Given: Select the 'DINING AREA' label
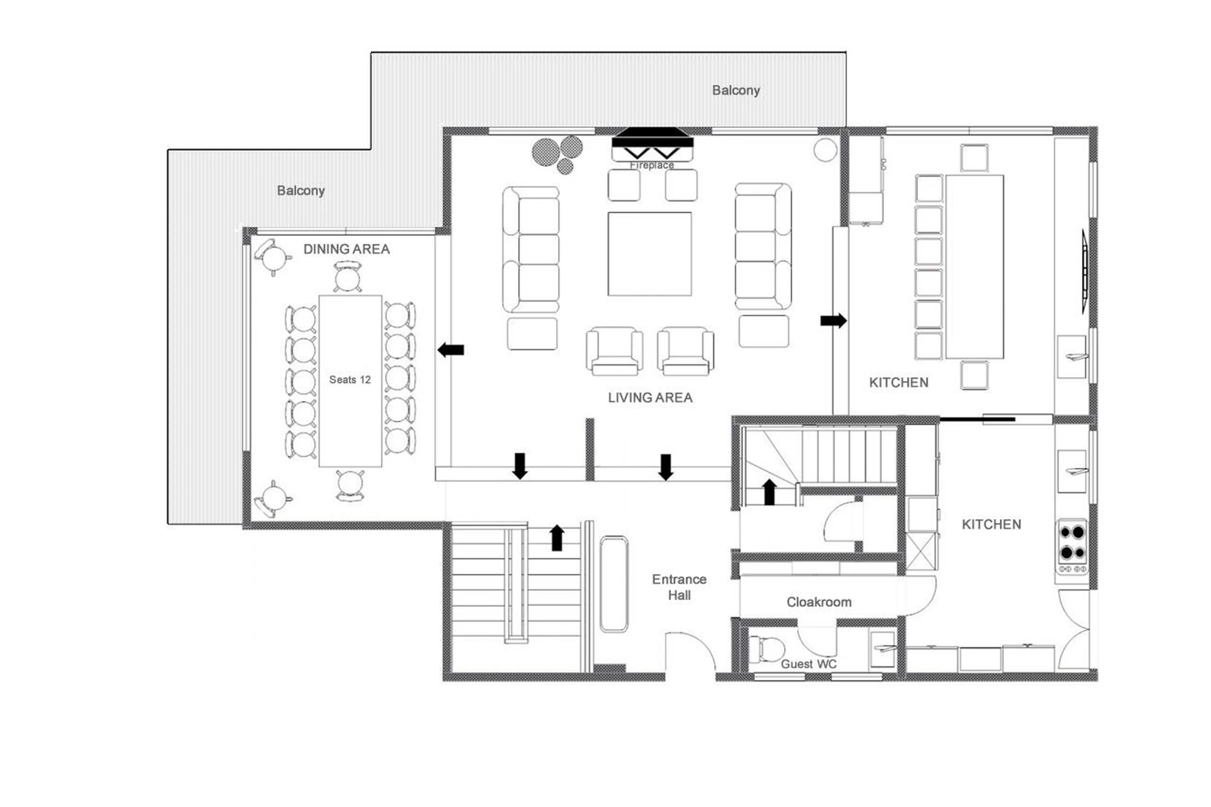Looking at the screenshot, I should (346, 249).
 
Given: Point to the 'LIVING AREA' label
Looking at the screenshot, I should (650, 397).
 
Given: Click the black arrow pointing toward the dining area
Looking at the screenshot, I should (451, 350).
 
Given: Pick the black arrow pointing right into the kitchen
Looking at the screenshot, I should (833, 321).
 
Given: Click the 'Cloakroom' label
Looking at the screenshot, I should (818, 602).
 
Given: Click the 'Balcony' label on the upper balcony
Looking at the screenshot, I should (735, 90).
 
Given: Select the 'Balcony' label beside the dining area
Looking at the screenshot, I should (301, 190).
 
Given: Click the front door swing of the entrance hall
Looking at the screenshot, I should (690, 654).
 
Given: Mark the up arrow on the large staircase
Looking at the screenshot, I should (556, 538).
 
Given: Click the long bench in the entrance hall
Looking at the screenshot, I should (613, 584).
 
